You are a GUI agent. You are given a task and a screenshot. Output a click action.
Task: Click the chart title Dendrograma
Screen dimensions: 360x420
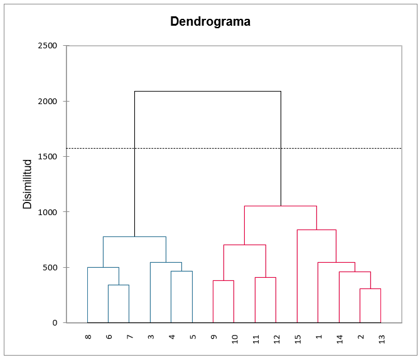[210, 22]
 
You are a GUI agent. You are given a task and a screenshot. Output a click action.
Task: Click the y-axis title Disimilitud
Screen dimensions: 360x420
[28, 184]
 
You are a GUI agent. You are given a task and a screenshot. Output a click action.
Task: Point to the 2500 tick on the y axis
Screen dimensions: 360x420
[48, 46]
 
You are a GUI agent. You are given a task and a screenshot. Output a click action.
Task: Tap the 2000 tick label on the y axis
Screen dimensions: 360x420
[48, 101]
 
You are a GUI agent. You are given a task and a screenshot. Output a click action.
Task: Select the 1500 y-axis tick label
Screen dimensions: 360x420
[48, 156]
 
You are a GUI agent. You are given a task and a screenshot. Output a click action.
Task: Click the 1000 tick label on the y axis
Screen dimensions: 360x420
[48, 212]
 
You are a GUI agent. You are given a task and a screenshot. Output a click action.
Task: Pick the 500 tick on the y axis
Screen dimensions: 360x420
[50, 267]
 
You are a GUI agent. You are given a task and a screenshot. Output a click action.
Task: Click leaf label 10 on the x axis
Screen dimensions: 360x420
[234, 339]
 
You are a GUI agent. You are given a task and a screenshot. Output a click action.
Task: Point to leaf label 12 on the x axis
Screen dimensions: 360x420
[276, 339]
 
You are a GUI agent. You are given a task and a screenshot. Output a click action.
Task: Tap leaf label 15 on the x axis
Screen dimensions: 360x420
[298, 339]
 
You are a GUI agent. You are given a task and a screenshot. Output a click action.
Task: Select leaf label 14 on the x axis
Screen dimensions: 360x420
[339, 339]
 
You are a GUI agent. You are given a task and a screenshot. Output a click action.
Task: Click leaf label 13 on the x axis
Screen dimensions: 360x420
[381, 339]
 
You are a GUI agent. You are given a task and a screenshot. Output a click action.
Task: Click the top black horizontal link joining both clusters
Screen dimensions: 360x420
[207, 92]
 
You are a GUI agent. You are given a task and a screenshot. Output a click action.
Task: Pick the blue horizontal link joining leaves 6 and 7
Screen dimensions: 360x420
[119, 285]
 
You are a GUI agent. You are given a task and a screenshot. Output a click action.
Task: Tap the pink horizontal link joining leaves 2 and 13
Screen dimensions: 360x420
[370, 289]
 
